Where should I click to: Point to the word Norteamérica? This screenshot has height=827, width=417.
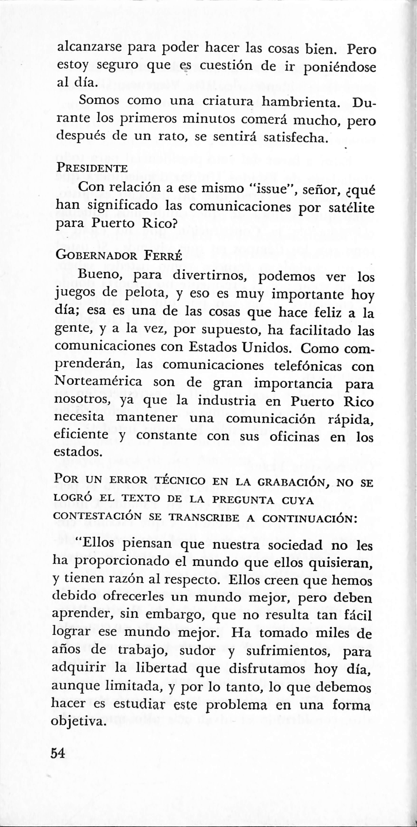(98, 382)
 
